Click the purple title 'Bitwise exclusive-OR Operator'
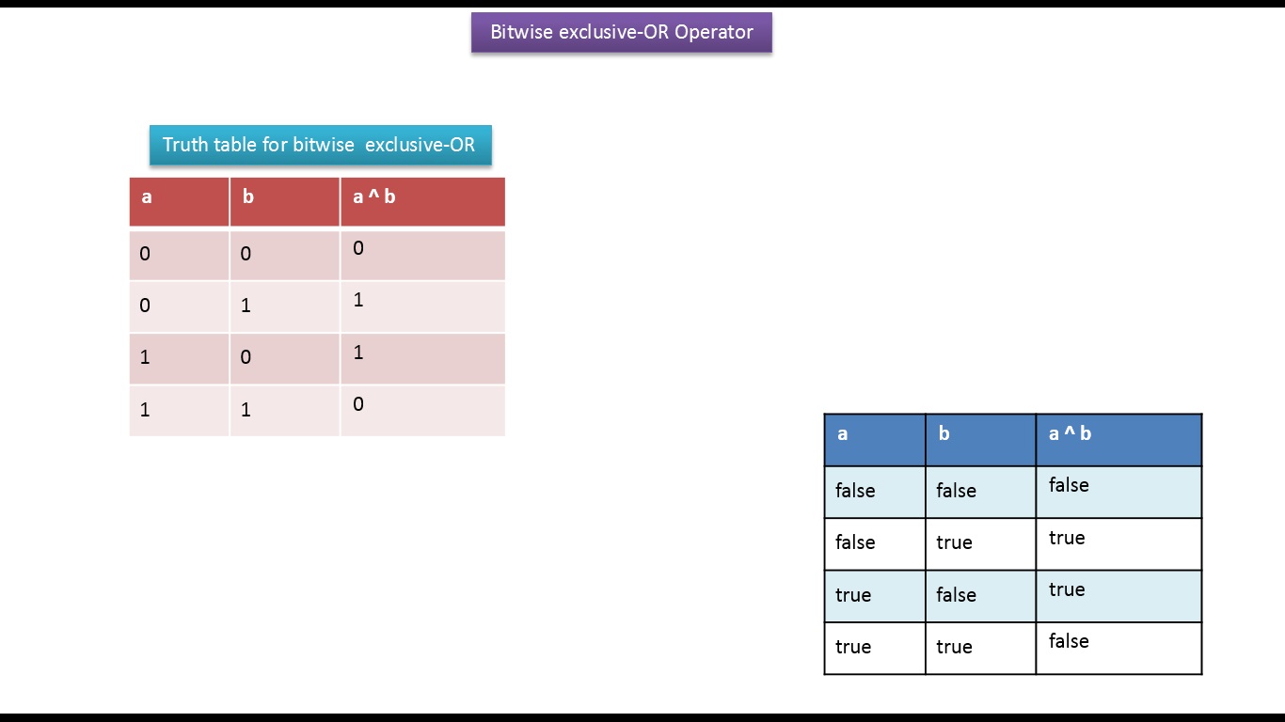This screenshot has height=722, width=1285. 621,32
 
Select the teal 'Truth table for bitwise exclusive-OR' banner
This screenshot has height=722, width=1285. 320,145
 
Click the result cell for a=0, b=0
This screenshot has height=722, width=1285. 422,254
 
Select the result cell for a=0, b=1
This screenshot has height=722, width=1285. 422,306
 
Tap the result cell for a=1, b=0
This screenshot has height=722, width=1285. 422,358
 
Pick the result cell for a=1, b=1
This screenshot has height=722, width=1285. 422,410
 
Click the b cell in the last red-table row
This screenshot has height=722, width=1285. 284,410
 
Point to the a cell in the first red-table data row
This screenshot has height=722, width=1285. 179,254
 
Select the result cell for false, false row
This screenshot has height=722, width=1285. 1118,492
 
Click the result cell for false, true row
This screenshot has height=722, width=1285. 1118,543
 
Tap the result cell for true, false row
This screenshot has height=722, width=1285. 1118,595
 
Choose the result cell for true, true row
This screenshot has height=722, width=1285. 1118,648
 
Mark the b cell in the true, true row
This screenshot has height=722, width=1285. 980,648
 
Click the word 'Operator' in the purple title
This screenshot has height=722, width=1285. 714,32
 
